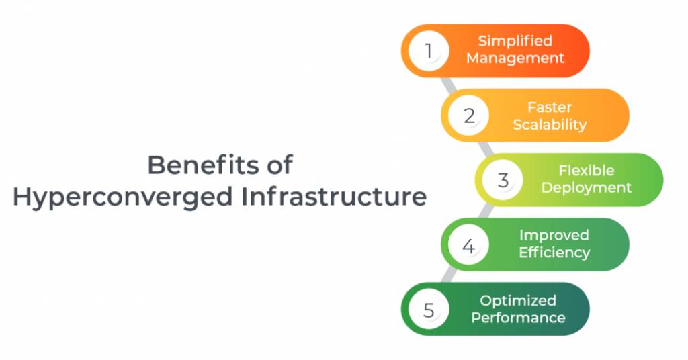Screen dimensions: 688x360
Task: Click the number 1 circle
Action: (x=429, y=51)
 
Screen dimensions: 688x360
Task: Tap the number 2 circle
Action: (x=468, y=116)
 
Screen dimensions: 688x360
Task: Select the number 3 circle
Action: (x=503, y=180)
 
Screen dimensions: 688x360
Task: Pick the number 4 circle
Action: (x=468, y=244)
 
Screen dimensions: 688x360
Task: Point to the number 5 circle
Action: (x=429, y=309)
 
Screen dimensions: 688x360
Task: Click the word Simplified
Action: (x=515, y=41)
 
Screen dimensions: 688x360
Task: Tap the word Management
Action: (x=515, y=58)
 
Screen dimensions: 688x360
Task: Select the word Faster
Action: (x=550, y=107)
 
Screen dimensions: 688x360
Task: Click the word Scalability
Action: (x=550, y=124)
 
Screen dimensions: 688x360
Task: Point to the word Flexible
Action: (x=586, y=170)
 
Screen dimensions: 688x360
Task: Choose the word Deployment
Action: (x=586, y=188)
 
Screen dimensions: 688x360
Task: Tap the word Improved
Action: (x=554, y=236)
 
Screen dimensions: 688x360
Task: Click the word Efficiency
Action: (x=554, y=253)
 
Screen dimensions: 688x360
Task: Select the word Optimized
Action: (x=518, y=301)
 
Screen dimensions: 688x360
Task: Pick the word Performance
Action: (x=518, y=318)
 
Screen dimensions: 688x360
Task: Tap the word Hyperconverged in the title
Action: (x=122, y=197)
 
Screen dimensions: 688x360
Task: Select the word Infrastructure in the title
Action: (x=334, y=196)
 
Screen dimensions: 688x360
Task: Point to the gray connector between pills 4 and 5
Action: (x=449, y=277)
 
